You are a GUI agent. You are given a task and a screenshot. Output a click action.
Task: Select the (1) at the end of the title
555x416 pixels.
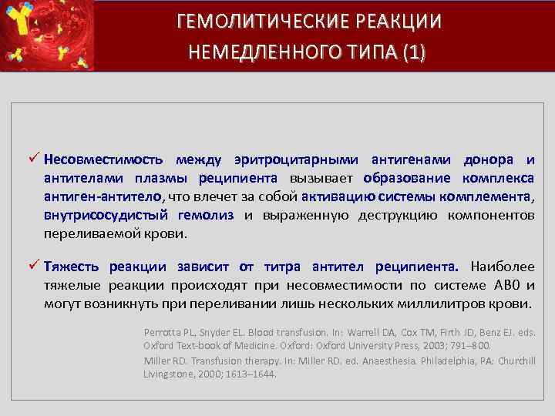tap(408, 52)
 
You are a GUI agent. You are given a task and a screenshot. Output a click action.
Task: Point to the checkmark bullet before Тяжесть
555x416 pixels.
tap(33, 267)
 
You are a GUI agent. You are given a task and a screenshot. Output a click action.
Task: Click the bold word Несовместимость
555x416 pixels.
tap(103, 160)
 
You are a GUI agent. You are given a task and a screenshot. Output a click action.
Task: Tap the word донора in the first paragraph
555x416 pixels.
tap(488, 160)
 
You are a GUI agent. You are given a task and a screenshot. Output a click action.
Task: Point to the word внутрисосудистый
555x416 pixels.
tap(101, 216)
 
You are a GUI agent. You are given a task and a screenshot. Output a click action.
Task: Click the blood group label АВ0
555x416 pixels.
tap(503, 286)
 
